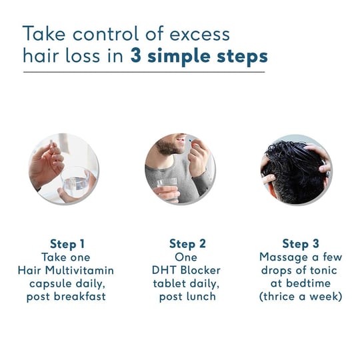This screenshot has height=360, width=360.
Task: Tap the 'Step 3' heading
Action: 301,243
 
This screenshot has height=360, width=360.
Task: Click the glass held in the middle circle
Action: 167,187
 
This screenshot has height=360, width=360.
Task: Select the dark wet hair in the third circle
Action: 297,167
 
